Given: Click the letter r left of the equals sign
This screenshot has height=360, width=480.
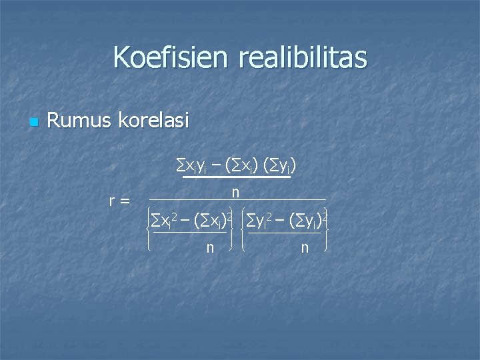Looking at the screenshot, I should pyautogui.click(x=113, y=200).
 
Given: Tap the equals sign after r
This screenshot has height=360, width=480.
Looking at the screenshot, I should pyautogui.click(x=125, y=200).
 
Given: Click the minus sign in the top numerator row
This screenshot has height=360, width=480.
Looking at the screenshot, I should pyautogui.click(x=217, y=163).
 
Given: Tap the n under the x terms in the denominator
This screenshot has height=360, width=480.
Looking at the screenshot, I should pyautogui.click(x=210, y=247).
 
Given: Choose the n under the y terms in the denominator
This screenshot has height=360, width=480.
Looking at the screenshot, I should pyautogui.click(x=305, y=247).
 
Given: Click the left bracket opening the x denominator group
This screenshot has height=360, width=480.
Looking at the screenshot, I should pyautogui.click(x=148, y=230).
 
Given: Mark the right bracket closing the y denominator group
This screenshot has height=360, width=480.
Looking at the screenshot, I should pyautogui.click(x=326, y=230).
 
